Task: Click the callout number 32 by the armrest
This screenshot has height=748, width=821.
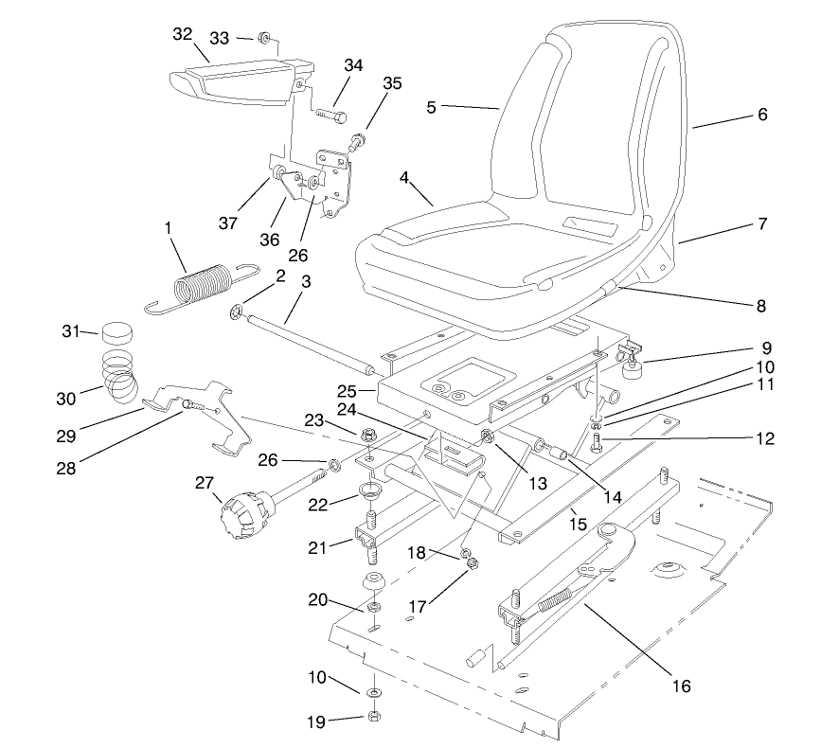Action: point(182,33)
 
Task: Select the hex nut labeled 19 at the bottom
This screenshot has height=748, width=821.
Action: point(373,717)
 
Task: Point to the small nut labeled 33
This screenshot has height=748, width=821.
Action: point(266,39)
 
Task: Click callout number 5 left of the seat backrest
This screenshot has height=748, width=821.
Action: point(431,107)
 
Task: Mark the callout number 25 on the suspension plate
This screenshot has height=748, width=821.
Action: point(347,390)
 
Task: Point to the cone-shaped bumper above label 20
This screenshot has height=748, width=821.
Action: point(373,580)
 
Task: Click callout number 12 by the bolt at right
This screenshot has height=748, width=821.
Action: point(765,438)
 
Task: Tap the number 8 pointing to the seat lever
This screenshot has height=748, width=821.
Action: point(761,306)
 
